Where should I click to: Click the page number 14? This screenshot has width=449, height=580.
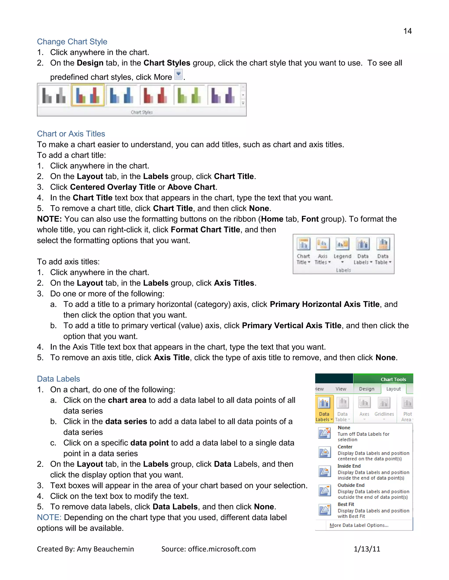407,31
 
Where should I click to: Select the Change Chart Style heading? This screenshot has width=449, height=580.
72,42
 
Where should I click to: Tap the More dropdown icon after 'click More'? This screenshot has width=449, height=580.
178,74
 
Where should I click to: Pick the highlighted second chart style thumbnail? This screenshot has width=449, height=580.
88,95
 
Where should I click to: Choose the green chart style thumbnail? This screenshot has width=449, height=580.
189,95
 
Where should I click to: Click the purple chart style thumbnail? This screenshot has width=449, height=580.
223,95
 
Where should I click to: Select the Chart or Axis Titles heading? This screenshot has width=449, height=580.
71,134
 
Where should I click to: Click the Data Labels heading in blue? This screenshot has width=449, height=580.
58,379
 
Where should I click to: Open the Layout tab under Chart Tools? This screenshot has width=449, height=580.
393,389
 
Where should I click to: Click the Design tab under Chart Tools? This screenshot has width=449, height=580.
367,389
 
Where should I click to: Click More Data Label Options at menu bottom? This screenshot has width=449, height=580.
359,525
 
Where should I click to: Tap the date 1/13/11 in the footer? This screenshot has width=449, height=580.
367,549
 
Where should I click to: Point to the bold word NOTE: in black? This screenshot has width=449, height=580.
49,219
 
